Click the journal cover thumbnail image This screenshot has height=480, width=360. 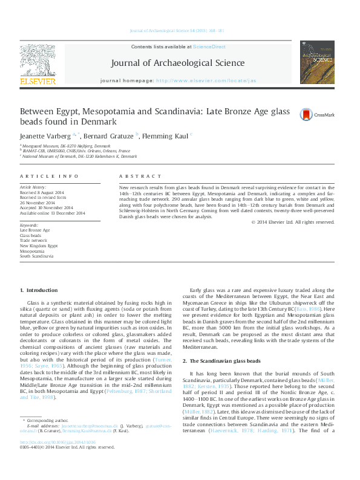pos(317,62)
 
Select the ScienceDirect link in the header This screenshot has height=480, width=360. pos(209,47)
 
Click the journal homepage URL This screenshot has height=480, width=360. pos(206,80)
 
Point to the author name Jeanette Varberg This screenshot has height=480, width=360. pos(44,135)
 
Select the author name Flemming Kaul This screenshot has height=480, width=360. pos(166,135)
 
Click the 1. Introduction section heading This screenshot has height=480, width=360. pos(39,291)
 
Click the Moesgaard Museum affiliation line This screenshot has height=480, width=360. pos(67,146)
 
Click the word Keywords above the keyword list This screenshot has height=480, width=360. pos(29,225)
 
